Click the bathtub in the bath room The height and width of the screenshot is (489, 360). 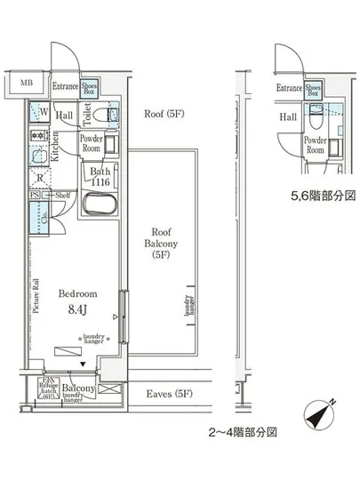pos(99,206)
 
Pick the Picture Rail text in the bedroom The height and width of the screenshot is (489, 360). pos(35,297)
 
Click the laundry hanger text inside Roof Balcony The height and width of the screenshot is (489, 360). pos(187,305)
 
